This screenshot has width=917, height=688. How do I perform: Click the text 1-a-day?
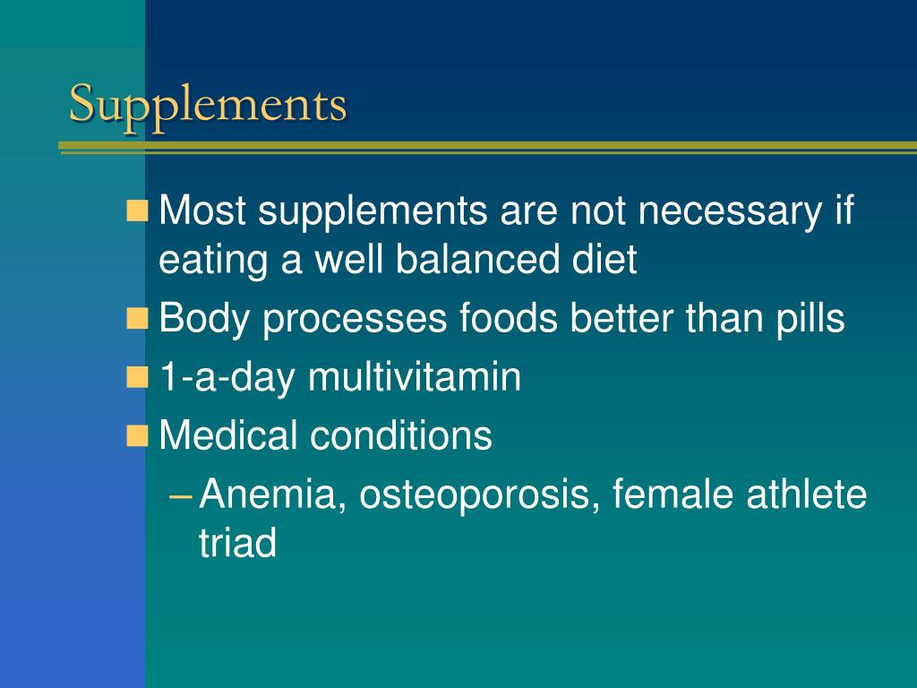pos(228,378)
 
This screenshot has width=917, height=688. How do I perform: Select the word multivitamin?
pos(415,377)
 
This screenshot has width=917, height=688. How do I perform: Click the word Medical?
pos(228,436)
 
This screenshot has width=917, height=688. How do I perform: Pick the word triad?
pos(237,543)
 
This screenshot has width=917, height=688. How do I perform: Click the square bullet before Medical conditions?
pos(138,437)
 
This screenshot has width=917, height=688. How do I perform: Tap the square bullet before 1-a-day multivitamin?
pos(138,378)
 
